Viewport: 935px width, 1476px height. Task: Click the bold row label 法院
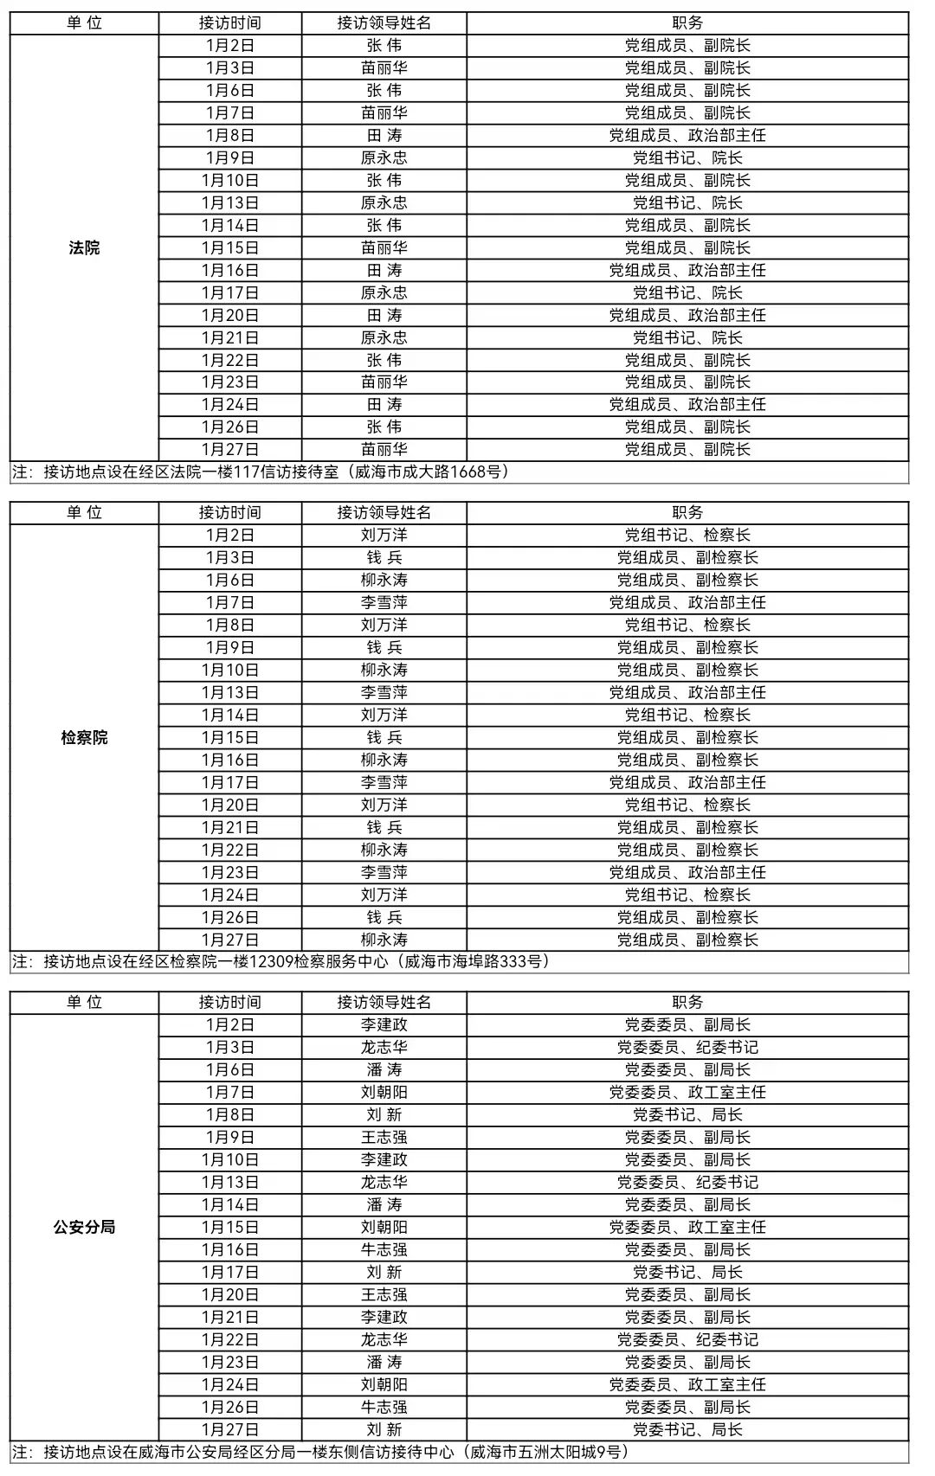[x=84, y=248]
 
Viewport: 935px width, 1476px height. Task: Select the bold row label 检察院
[x=84, y=738]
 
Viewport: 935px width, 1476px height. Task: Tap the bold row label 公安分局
[x=84, y=1228]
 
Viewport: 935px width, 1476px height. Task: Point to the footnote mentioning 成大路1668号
[x=261, y=472]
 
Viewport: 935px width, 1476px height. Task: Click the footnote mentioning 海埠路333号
[x=281, y=962]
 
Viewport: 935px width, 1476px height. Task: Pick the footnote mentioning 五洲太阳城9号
[x=320, y=1452]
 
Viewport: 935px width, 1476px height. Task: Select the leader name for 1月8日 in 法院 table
[x=384, y=136]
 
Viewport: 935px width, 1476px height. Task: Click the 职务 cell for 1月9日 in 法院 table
[x=687, y=158]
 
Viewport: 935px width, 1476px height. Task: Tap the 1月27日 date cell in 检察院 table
[x=230, y=940]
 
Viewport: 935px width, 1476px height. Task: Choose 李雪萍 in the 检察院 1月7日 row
[x=384, y=603]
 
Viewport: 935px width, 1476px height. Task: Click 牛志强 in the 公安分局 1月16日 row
[x=384, y=1250]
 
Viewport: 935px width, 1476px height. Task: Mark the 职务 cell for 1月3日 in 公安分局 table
[x=687, y=1048]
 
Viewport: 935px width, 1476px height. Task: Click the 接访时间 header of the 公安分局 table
[x=230, y=1003]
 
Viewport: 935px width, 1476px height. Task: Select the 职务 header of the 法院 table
[x=687, y=23]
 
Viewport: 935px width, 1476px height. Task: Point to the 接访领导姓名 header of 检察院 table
[x=384, y=513]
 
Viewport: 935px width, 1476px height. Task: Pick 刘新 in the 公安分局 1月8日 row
[x=384, y=1115]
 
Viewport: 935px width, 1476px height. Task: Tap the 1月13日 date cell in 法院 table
[x=230, y=203]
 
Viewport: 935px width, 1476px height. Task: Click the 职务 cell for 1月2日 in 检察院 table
[x=687, y=536]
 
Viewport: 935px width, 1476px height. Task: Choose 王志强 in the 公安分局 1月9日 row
[x=384, y=1138]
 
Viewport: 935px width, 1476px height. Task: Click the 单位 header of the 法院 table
[x=84, y=23]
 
